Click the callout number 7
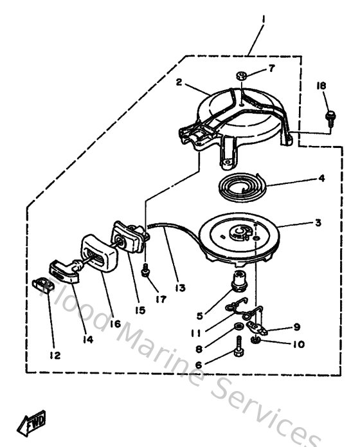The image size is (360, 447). [271, 68]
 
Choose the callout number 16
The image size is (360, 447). [116, 324]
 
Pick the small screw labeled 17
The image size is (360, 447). [147, 272]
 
